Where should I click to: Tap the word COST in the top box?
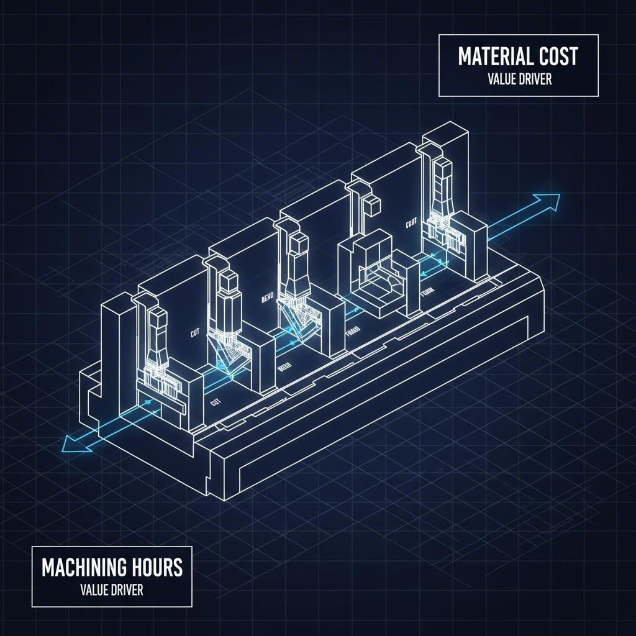click(556, 57)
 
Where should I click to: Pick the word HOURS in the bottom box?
click(158, 568)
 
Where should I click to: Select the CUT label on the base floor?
click(217, 403)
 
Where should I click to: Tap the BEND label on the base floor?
click(285, 368)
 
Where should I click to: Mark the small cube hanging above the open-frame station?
click(371, 204)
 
